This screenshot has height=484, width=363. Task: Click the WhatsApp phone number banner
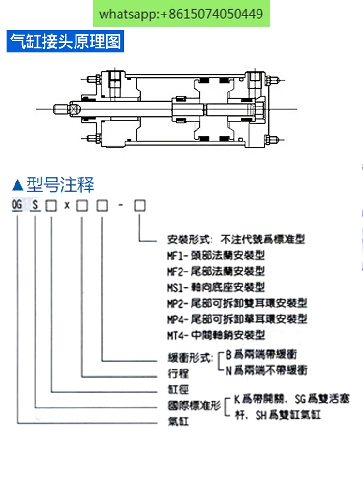181,14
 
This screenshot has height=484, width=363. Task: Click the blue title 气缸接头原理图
65,42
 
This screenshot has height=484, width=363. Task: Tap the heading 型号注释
60,184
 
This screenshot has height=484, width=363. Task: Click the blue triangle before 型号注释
17,185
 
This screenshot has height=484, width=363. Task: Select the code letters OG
17,206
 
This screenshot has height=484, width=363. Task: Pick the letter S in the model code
35,206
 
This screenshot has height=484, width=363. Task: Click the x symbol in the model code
67,206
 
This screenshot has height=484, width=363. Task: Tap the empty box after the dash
139,206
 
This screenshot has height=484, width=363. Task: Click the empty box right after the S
51,206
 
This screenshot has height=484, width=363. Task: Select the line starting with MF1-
216,255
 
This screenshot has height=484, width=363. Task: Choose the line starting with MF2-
216,271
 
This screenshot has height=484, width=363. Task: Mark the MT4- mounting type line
216,335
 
